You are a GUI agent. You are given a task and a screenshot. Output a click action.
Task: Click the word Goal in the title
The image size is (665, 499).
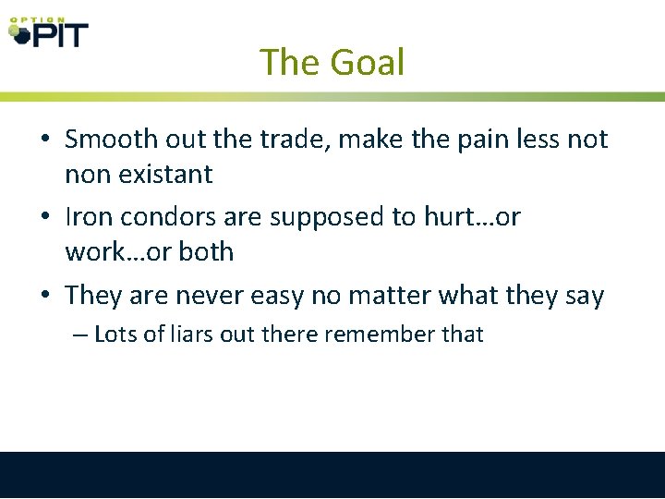(368, 63)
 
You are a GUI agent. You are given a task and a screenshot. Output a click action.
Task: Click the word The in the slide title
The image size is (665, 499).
(290, 63)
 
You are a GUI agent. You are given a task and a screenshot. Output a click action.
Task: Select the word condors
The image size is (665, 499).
(163, 217)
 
